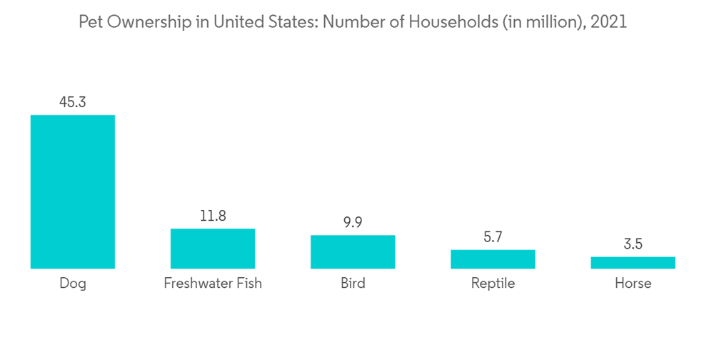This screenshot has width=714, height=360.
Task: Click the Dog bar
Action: (72, 191)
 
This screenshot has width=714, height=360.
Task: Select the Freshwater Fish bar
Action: (213, 249)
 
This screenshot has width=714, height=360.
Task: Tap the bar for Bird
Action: (353, 251)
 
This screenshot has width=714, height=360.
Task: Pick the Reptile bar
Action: (493, 259)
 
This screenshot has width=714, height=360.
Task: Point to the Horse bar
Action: (633, 262)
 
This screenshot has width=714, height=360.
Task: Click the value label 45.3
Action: (72, 103)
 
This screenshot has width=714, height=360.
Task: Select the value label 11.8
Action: (213, 216)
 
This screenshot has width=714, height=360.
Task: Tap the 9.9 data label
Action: (353, 222)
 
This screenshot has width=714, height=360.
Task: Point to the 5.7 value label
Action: (493, 236)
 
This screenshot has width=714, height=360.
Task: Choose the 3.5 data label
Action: (633, 244)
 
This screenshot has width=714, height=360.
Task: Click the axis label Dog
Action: (72, 284)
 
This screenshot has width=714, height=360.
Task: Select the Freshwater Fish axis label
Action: (213, 284)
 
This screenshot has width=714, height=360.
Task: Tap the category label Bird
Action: (353, 284)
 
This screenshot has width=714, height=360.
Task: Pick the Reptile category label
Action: (493, 284)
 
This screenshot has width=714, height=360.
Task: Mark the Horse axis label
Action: (633, 284)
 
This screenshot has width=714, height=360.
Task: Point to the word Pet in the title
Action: (90, 22)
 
